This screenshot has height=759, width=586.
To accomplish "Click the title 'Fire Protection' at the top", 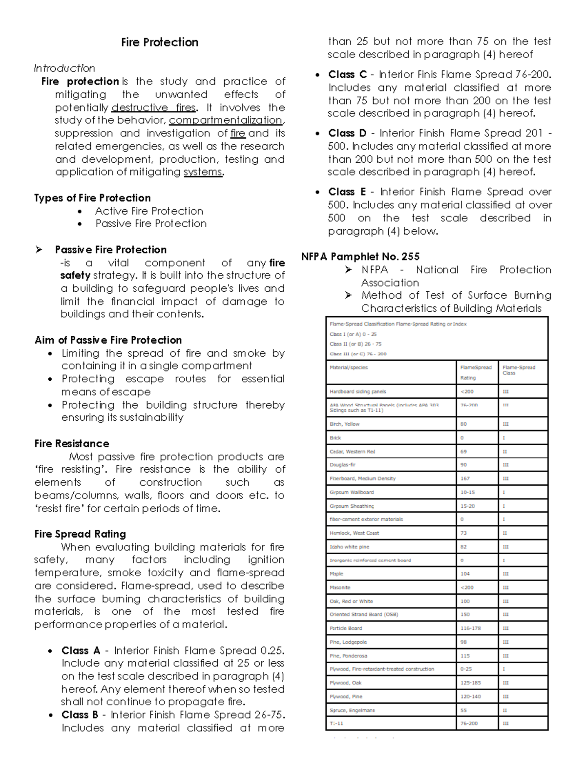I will pyautogui.click(x=160, y=43).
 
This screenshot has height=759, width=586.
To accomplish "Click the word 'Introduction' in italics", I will pyautogui.click(x=64, y=68).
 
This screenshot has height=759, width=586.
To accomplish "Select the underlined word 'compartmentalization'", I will pyautogui.click(x=226, y=120).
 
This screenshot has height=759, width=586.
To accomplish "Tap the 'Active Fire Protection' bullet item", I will pyautogui.click(x=149, y=211).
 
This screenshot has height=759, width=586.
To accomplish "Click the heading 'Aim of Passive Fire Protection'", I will pyautogui.click(x=108, y=340).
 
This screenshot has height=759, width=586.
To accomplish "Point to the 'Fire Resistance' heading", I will pyautogui.click(x=72, y=444).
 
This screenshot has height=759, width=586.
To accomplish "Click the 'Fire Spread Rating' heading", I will pyautogui.click(x=80, y=534).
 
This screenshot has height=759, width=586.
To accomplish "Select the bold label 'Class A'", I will pyautogui.click(x=81, y=651).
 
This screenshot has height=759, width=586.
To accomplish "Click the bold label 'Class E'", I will pyautogui.click(x=347, y=192).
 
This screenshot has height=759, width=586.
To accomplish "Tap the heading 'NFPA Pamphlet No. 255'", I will pyautogui.click(x=360, y=257).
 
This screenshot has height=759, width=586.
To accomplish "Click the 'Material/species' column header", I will pyautogui.click(x=349, y=368).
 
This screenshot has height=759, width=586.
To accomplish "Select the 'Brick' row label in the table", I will pyautogui.click(x=335, y=438).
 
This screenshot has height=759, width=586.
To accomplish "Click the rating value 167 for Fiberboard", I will pyautogui.click(x=465, y=478).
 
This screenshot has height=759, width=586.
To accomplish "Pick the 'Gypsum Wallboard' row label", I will pyautogui.click(x=352, y=492).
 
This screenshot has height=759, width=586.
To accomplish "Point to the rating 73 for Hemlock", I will pyautogui.click(x=463, y=533).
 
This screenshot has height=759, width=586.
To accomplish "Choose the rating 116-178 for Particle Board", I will pyautogui.click(x=470, y=628).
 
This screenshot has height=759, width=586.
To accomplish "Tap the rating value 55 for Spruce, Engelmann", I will pyautogui.click(x=463, y=710).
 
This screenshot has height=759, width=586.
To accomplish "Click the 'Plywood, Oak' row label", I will pyautogui.click(x=346, y=683).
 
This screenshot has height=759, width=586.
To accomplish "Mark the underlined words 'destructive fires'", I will pyautogui.click(x=153, y=108).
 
